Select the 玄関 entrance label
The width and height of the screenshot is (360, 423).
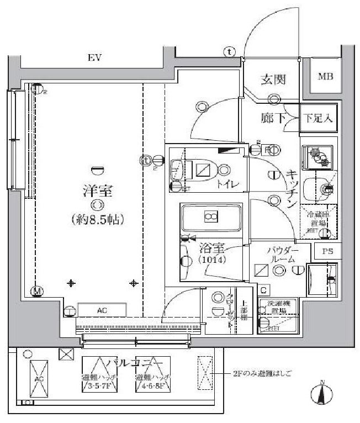[273, 80]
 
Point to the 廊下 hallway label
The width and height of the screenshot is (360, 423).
[273, 118]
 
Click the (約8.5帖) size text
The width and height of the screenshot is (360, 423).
[97, 219]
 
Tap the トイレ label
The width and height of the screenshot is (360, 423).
[227, 184]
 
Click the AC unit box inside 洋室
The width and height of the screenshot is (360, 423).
[102, 311]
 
